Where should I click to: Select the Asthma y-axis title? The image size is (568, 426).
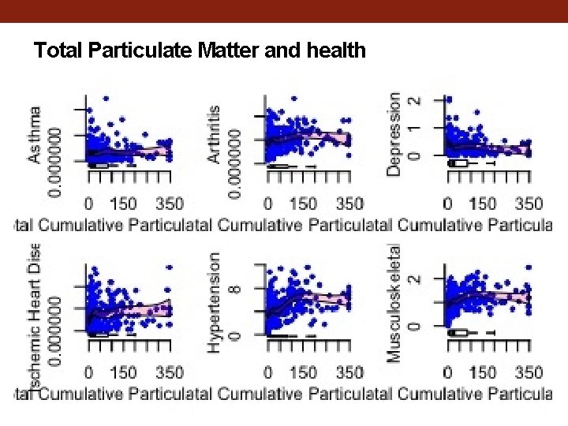coord(35,135)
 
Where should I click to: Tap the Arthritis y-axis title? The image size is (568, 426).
coord(215,135)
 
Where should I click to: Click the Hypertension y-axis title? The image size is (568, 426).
coord(215,302)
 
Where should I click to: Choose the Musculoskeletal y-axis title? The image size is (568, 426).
coord(394,302)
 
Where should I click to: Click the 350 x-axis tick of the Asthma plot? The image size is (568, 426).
coord(169,203)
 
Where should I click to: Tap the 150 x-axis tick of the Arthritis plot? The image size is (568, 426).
coord(304,203)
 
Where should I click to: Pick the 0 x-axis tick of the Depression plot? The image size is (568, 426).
coord(448,203)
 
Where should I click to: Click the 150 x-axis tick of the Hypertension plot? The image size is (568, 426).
coord(304,371)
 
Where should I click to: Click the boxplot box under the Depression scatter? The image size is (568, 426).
coord(458,163)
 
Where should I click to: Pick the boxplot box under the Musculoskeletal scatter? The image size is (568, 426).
coord(458,332)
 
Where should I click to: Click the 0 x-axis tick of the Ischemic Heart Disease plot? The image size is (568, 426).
coord(89,371)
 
